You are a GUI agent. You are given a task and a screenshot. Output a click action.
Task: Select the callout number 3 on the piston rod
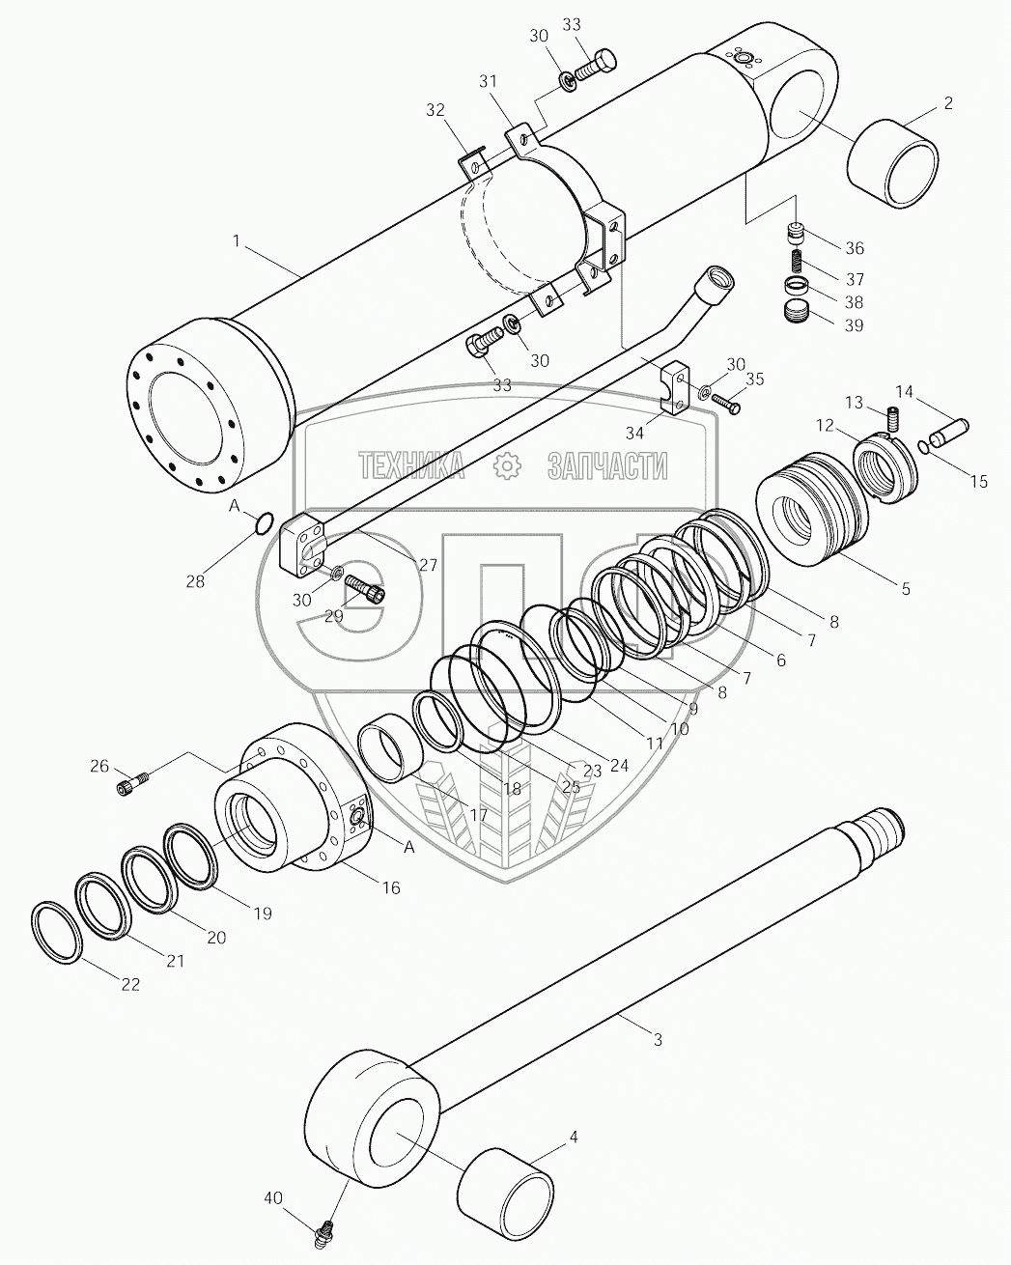(657, 1040)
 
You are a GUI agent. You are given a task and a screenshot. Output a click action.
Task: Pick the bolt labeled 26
(131, 785)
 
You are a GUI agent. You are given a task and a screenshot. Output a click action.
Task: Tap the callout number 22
(130, 984)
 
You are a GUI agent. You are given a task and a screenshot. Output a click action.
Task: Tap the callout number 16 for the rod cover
(391, 887)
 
